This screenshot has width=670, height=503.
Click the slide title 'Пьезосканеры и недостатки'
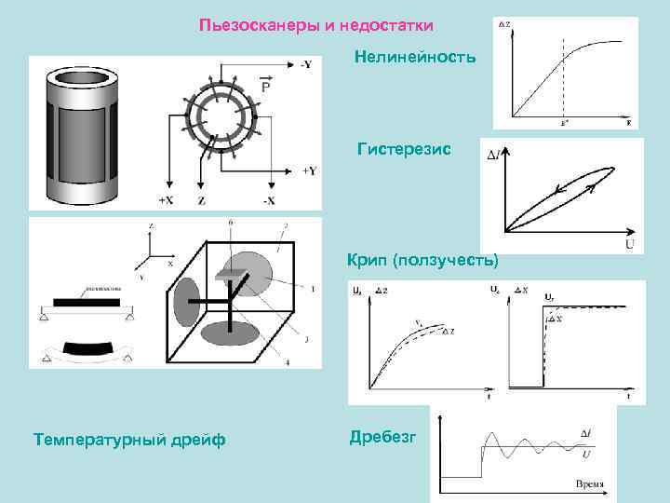coord(316,24)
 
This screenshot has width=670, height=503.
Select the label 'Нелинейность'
coord(415,58)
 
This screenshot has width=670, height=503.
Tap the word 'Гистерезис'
coord(404,149)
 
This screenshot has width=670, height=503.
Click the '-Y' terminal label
coord(307,64)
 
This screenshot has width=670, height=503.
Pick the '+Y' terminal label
coord(309,170)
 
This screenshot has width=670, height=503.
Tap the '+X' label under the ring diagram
coord(168,200)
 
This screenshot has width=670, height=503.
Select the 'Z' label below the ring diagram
coord(202,200)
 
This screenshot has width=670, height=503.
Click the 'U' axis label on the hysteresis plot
coord(629,245)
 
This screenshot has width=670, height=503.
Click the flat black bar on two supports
coord(87,303)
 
